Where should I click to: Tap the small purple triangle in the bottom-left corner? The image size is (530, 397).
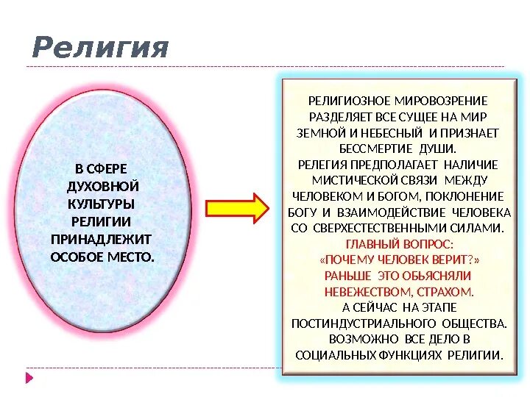pos(30,378)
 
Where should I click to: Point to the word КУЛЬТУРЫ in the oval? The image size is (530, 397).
pos(102,203)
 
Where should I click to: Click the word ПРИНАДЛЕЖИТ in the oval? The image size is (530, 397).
pos(101,239)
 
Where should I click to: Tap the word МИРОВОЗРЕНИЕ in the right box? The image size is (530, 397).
pos(442,101)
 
